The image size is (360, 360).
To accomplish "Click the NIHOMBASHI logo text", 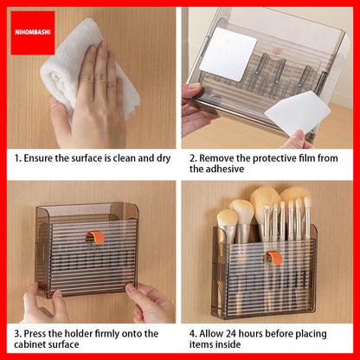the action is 33,32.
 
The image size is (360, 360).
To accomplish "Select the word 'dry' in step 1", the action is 164,159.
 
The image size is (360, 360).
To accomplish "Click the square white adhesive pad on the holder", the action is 228,54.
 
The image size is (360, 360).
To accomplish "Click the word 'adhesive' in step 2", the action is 226,169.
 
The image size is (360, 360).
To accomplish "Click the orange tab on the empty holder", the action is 96,236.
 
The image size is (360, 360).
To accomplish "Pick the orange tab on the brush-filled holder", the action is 274,257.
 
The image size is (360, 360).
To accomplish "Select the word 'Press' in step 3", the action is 35,334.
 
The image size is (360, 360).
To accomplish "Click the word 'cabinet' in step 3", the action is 29,344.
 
